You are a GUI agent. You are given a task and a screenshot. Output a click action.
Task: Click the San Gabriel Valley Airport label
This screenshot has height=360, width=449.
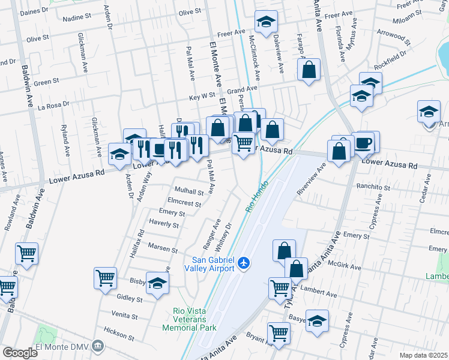(214, 263)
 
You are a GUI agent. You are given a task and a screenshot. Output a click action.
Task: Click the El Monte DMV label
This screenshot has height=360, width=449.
(62, 346)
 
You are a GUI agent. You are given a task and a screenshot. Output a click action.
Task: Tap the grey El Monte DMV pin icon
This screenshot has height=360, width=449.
(99, 346)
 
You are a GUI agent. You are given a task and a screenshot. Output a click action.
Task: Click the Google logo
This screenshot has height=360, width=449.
(20, 352)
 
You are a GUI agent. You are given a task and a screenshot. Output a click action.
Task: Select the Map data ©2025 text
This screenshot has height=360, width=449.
(423, 355)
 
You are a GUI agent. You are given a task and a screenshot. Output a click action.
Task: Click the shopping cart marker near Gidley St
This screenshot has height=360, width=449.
(105, 278)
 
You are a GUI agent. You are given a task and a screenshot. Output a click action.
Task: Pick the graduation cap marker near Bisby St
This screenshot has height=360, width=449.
(157, 283)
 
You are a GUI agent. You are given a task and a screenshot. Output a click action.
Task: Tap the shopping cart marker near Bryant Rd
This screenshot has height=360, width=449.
(279, 332)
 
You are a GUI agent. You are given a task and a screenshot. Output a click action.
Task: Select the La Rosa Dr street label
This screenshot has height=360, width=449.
(54, 105)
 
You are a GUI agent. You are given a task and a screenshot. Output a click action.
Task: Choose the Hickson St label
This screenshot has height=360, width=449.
(119, 331)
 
